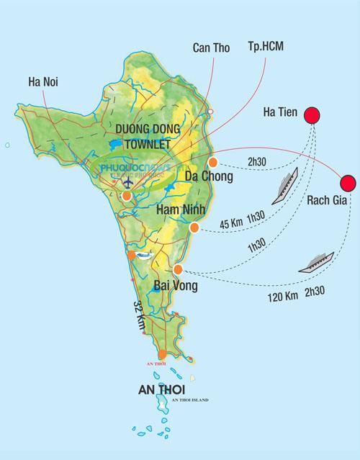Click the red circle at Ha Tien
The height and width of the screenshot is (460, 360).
(312, 115)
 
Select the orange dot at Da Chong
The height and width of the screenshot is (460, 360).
(213, 162)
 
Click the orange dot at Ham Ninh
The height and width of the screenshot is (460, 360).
(194, 227)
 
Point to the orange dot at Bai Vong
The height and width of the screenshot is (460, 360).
(179, 270)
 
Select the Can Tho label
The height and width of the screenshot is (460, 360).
(210, 48)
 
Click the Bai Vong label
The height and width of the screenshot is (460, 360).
(175, 287)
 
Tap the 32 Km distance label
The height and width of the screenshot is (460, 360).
(139, 315)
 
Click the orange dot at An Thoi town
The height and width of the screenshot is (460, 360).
(163, 353)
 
